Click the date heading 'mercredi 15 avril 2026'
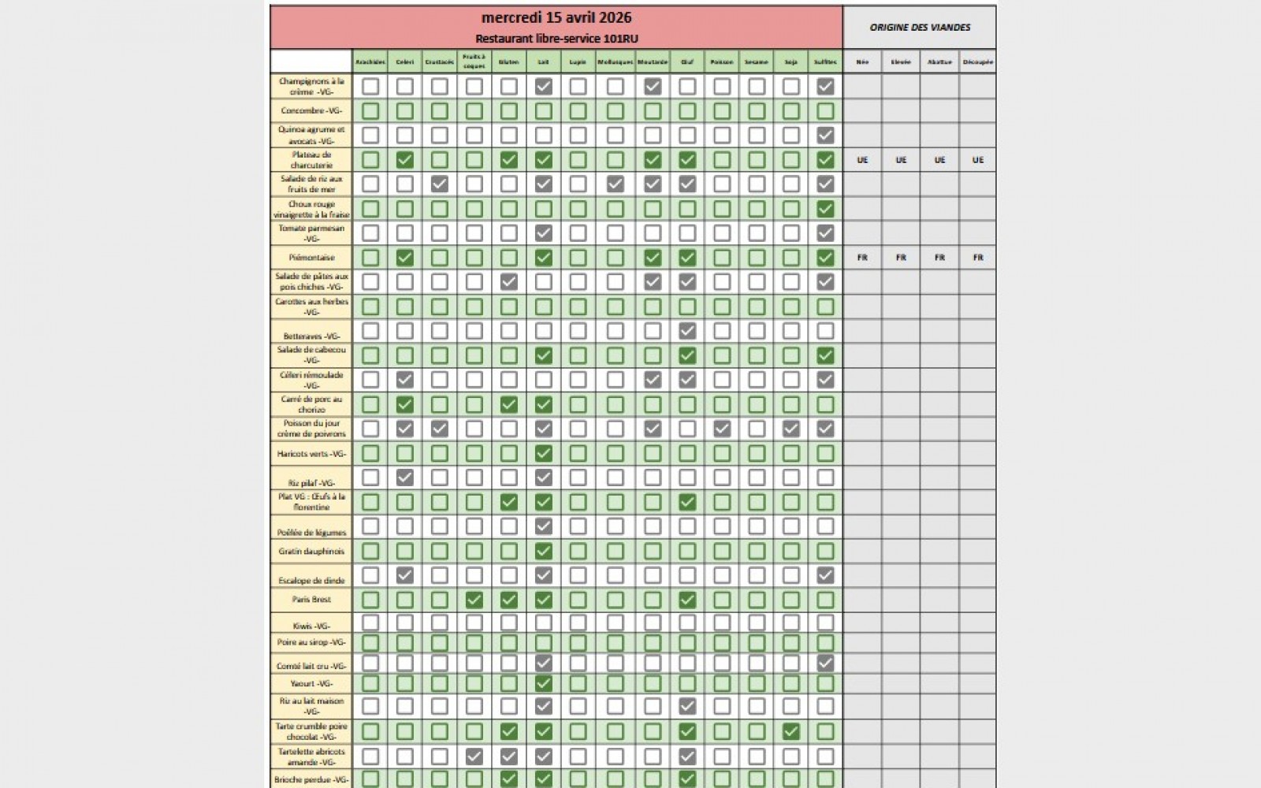click(556, 18)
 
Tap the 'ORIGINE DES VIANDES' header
click(920, 28)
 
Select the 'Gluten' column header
click(509, 61)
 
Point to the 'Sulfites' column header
click(825, 61)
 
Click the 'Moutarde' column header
click(653, 61)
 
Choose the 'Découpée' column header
click(977, 61)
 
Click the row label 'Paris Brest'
click(311, 600)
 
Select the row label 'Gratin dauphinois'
click(311, 551)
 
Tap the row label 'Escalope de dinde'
click(311, 580)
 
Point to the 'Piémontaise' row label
click(311, 258)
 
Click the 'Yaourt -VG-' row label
click(311, 683)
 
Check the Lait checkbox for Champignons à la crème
click(544, 87)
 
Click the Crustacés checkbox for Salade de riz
click(440, 184)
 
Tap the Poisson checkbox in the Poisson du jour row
click(722, 429)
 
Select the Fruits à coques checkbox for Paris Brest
click(474, 600)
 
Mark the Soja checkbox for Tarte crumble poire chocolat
click(791, 731)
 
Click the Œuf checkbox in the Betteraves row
click(687, 331)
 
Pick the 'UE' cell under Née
click(862, 160)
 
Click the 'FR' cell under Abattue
click(939, 258)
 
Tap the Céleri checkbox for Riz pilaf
click(405, 478)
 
